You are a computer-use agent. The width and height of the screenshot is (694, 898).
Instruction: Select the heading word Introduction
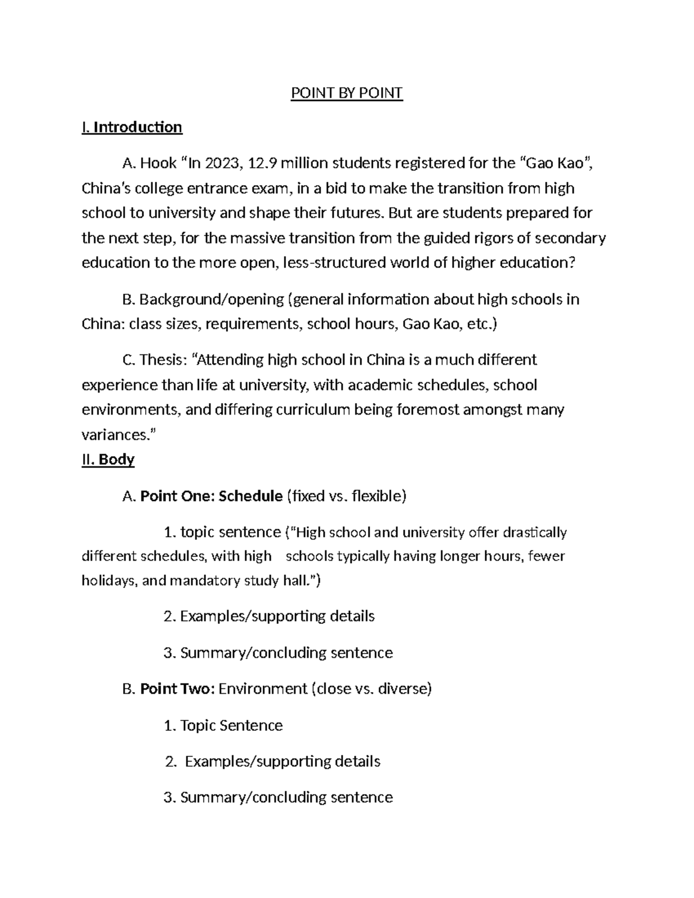(x=138, y=127)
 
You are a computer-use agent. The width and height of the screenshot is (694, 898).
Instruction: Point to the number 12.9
(x=262, y=164)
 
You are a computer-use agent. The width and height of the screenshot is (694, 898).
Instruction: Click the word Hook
(x=158, y=164)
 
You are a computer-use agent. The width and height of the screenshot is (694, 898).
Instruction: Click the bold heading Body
(x=116, y=460)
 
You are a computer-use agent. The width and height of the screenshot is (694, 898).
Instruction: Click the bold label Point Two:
(x=178, y=689)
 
